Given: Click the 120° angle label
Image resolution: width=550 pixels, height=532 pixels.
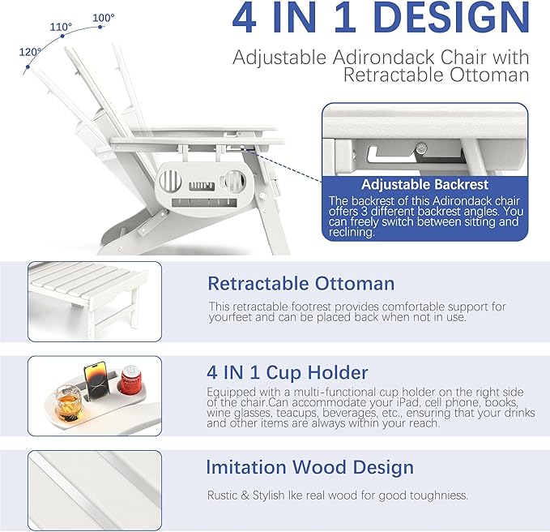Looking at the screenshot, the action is pyautogui.click(x=30, y=52).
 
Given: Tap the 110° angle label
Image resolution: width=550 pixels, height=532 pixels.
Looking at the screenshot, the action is pyautogui.click(x=61, y=27).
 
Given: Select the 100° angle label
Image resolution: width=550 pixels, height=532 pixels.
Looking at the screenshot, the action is pyautogui.click(x=104, y=18).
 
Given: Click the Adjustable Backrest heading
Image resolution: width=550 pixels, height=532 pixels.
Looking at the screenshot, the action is pyautogui.click(x=424, y=184).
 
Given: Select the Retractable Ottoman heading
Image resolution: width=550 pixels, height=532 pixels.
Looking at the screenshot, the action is pyautogui.click(x=301, y=283).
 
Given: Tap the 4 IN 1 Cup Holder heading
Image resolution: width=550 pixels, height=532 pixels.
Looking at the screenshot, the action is pyautogui.click(x=288, y=372).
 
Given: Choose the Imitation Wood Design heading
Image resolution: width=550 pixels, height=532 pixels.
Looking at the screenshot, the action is pyautogui.click(x=309, y=467).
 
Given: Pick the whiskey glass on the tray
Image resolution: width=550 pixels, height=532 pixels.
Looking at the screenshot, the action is pyautogui.click(x=68, y=404).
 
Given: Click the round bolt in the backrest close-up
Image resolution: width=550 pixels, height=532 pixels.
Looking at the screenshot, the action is pyautogui.click(x=421, y=148).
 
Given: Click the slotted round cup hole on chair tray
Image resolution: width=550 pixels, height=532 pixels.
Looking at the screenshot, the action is pyautogui.click(x=170, y=181).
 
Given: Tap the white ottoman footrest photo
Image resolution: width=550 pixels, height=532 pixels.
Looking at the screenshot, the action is pyautogui.click(x=95, y=302).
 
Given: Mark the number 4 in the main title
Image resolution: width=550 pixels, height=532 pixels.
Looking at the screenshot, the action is pyautogui.click(x=245, y=18).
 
